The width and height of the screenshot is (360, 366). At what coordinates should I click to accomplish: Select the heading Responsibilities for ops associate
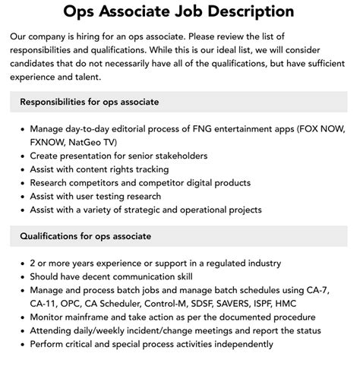pos(90,102)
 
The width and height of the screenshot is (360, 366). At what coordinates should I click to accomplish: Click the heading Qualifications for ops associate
pos(86,236)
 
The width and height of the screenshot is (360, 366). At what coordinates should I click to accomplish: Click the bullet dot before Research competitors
pos(23,182)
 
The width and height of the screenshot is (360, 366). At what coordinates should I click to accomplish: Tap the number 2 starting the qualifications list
pos(33,263)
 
